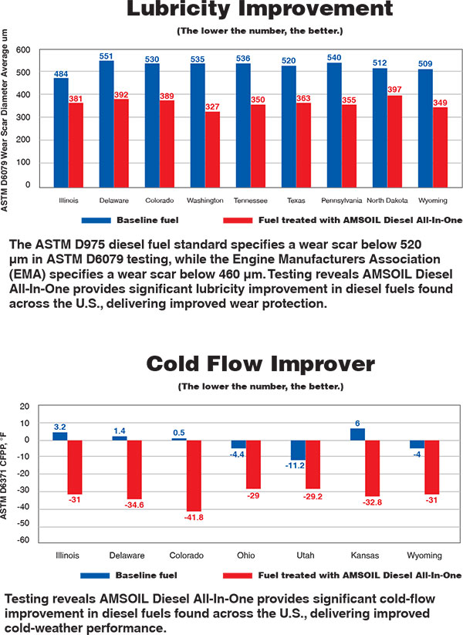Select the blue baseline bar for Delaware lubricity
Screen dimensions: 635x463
pyautogui.click(x=106, y=123)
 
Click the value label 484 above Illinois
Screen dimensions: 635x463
pyautogui.click(x=61, y=73)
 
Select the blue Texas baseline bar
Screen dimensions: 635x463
pyautogui.click(x=289, y=125)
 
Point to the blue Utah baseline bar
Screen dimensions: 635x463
pyautogui.click(x=299, y=450)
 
